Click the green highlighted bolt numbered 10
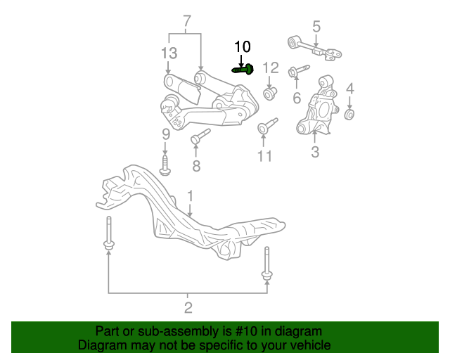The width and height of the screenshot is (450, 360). [x=243, y=70]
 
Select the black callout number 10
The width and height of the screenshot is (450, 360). [x=243, y=46]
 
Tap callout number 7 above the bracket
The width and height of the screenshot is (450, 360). [x=187, y=21]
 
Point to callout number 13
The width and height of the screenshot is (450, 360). [x=169, y=53]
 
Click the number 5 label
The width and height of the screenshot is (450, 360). [x=316, y=27]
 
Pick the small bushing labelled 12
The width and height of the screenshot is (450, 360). [x=270, y=94]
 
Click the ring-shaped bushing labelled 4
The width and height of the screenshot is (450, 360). [x=349, y=114]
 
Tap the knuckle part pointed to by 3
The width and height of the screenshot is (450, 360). [x=317, y=105]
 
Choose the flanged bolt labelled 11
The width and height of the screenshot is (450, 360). [x=267, y=126]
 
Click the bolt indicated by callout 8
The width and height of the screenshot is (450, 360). [x=200, y=136]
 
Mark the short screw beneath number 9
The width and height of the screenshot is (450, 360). [x=165, y=165]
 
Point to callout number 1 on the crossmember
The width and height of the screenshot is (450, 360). [x=191, y=196]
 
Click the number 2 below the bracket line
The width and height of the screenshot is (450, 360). [x=188, y=308]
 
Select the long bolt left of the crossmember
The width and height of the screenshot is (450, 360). [x=109, y=233]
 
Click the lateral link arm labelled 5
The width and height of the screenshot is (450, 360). [x=314, y=48]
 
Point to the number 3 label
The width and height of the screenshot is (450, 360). [x=315, y=152]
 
